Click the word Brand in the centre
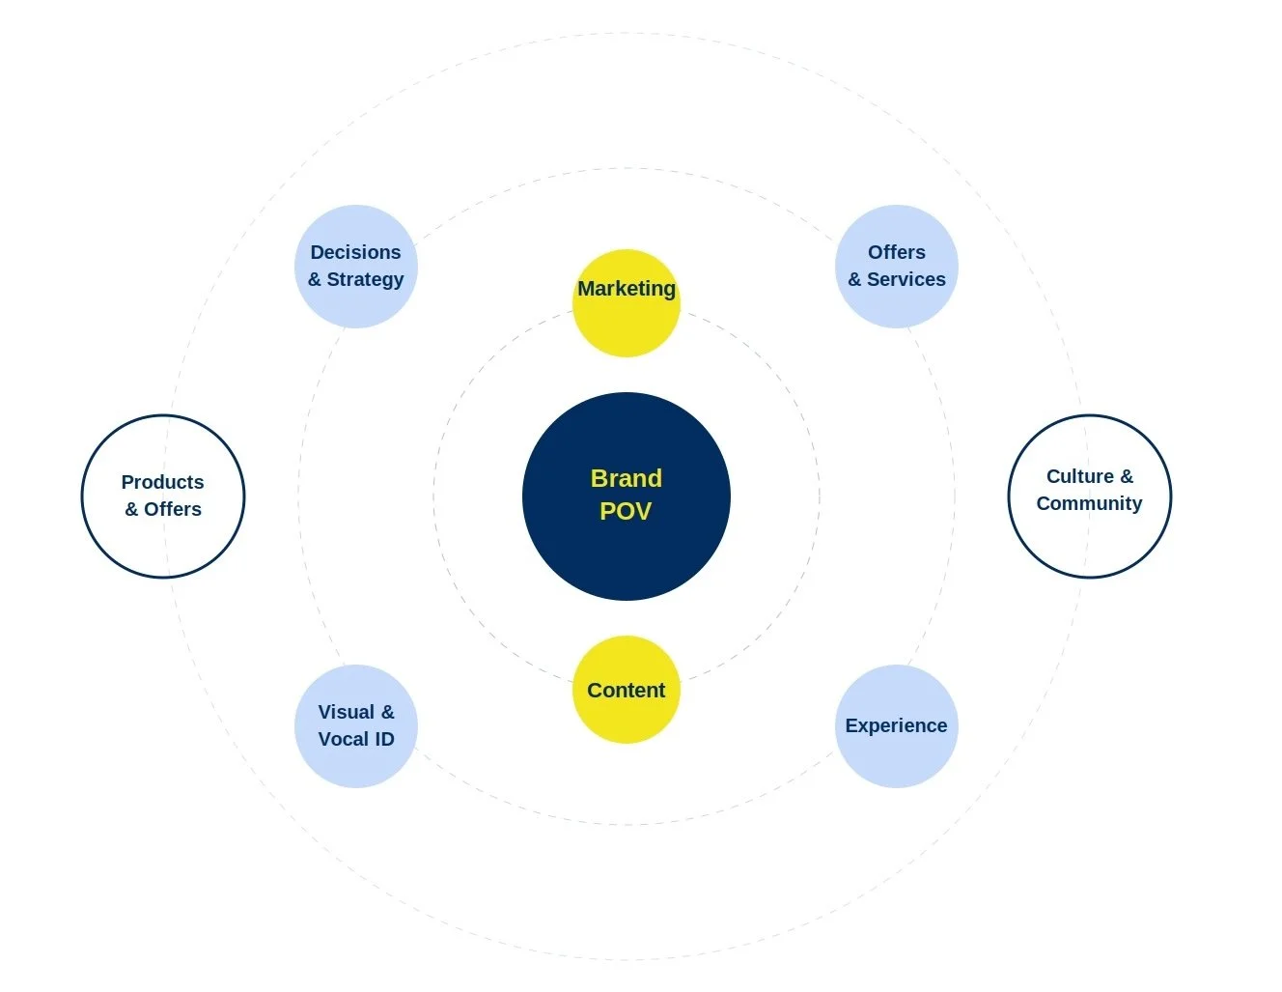[x=626, y=478]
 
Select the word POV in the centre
[x=626, y=511]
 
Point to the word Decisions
[x=355, y=252]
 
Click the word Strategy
[x=365, y=279]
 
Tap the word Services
[x=906, y=279]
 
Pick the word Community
[x=1089, y=503]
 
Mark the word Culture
[x=1079, y=476]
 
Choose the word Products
[x=162, y=482]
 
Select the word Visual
[x=346, y=712]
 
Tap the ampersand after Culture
[x=1127, y=476]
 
